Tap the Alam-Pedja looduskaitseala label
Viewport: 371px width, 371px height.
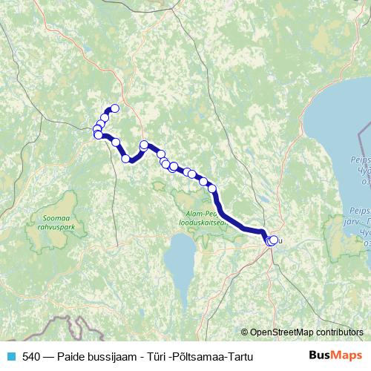197,217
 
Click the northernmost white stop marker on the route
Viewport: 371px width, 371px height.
114,108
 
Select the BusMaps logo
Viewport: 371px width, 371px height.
335,356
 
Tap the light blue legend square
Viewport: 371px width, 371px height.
10,356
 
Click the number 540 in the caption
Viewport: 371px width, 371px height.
31,356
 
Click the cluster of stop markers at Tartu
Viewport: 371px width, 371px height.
272,240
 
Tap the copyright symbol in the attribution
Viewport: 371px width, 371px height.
245,332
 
